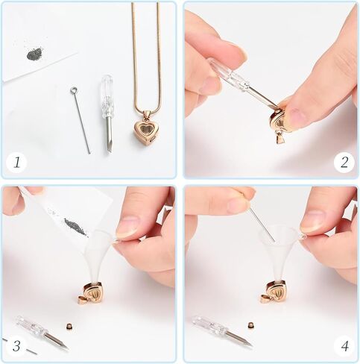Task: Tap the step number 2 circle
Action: (x=343, y=162)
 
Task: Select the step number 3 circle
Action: (x=16, y=345)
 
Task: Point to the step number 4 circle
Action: (x=343, y=345)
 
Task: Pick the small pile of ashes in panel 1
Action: (x=34, y=54)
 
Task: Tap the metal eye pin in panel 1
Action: (x=81, y=119)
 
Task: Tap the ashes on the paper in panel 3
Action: (x=75, y=226)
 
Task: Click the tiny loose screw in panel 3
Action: (x=68, y=327)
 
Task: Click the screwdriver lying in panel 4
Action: (x=221, y=330)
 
